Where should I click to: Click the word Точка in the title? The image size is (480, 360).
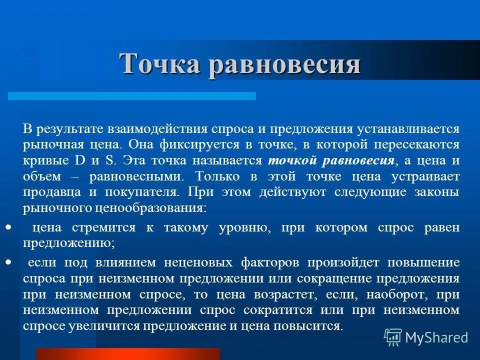(159, 63)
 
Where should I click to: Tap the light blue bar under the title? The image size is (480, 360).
(132, 95)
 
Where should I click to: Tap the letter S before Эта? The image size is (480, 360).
(108, 160)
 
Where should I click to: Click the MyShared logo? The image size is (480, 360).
(426, 337)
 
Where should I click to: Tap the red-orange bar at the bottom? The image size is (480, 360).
(127, 354)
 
